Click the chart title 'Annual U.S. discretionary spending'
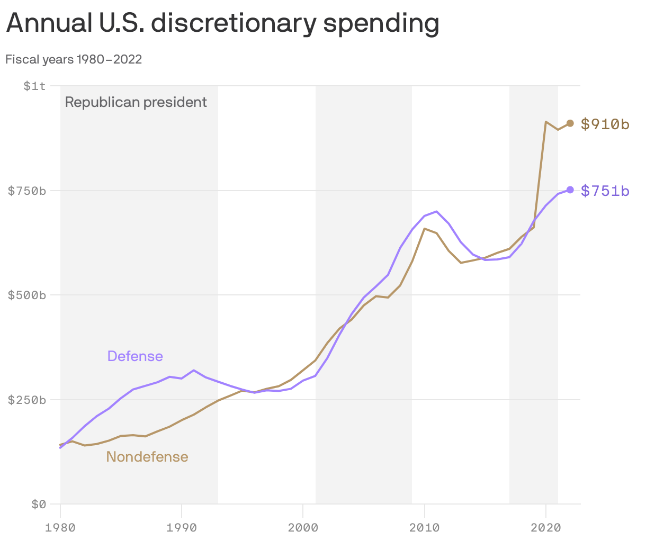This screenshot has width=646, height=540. [x=222, y=23]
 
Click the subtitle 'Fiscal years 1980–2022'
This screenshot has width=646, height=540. [x=74, y=59]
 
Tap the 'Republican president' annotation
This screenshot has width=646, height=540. [x=136, y=102]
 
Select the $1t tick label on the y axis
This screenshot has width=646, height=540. [x=35, y=85]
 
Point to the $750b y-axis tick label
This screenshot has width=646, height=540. [x=27, y=190]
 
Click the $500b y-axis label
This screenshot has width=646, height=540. [x=27, y=295]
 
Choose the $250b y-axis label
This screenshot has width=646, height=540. [x=27, y=400]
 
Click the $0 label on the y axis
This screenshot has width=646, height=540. [x=38, y=504]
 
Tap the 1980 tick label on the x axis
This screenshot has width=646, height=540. [x=60, y=527]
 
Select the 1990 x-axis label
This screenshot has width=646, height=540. [x=182, y=527]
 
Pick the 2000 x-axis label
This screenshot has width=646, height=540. [x=303, y=527]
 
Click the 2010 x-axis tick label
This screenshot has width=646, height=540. [x=424, y=527]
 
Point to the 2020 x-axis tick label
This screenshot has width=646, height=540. [x=545, y=527]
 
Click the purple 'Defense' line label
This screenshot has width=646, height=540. [x=135, y=356]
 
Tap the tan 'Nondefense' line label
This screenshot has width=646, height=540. [x=147, y=457]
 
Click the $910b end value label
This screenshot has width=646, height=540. [x=605, y=124]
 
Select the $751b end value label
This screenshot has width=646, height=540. [x=605, y=191]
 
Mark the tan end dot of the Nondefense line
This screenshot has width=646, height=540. [x=570, y=123]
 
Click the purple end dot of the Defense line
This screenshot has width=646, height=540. [x=570, y=190]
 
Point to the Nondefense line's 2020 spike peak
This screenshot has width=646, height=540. [x=545, y=122]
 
